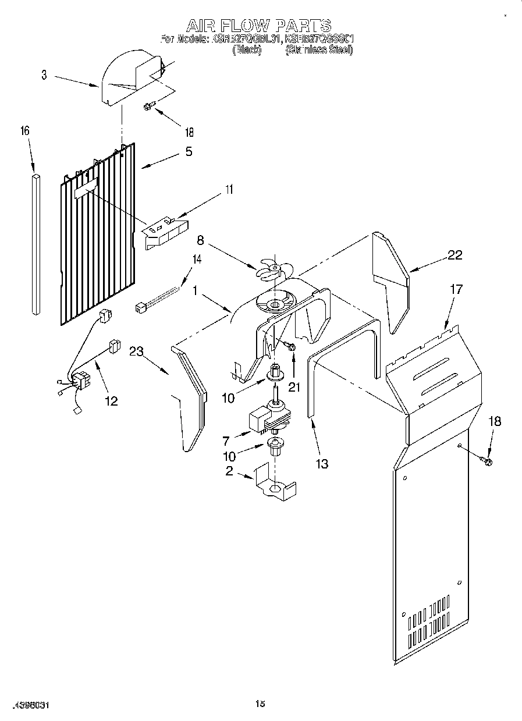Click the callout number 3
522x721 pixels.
click(44, 75)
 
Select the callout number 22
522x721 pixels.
click(454, 255)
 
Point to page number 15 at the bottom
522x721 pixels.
click(260, 705)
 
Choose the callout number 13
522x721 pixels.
click(322, 463)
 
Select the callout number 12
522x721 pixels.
click(111, 401)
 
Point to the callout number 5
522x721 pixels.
click(188, 151)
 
